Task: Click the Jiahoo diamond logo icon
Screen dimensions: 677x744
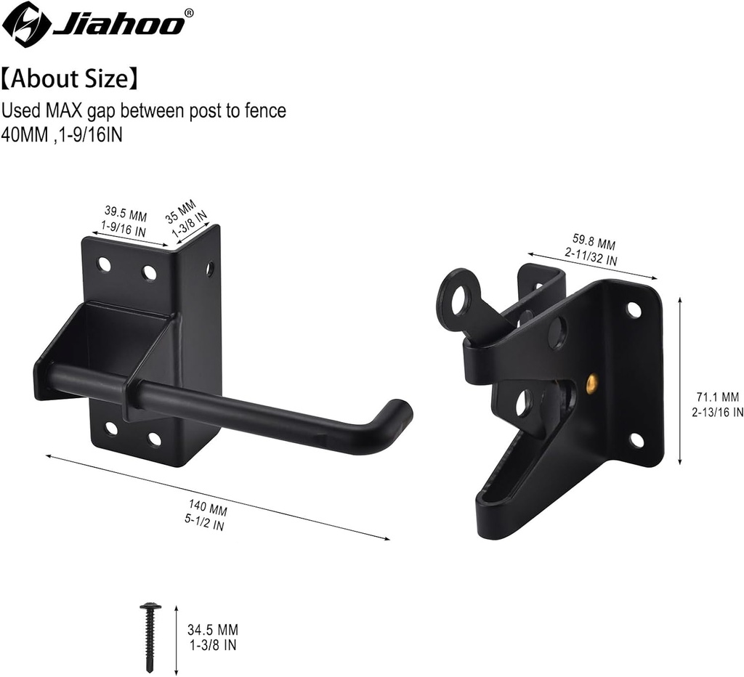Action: (x=26, y=24)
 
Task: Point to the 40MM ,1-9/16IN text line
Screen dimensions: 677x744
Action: (x=61, y=135)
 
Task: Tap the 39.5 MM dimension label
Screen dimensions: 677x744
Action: (x=125, y=213)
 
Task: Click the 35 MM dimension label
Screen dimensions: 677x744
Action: (x=182, y=211)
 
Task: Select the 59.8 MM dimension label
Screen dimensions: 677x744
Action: (x=594, y=243)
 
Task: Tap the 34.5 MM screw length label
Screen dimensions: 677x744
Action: (x=212, y=630)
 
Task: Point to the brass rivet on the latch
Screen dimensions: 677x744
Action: (x=591, y=381)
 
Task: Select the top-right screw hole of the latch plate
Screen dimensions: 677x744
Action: (x=634, y=310)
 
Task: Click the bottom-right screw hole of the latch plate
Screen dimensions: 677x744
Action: (x=636, y=439)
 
